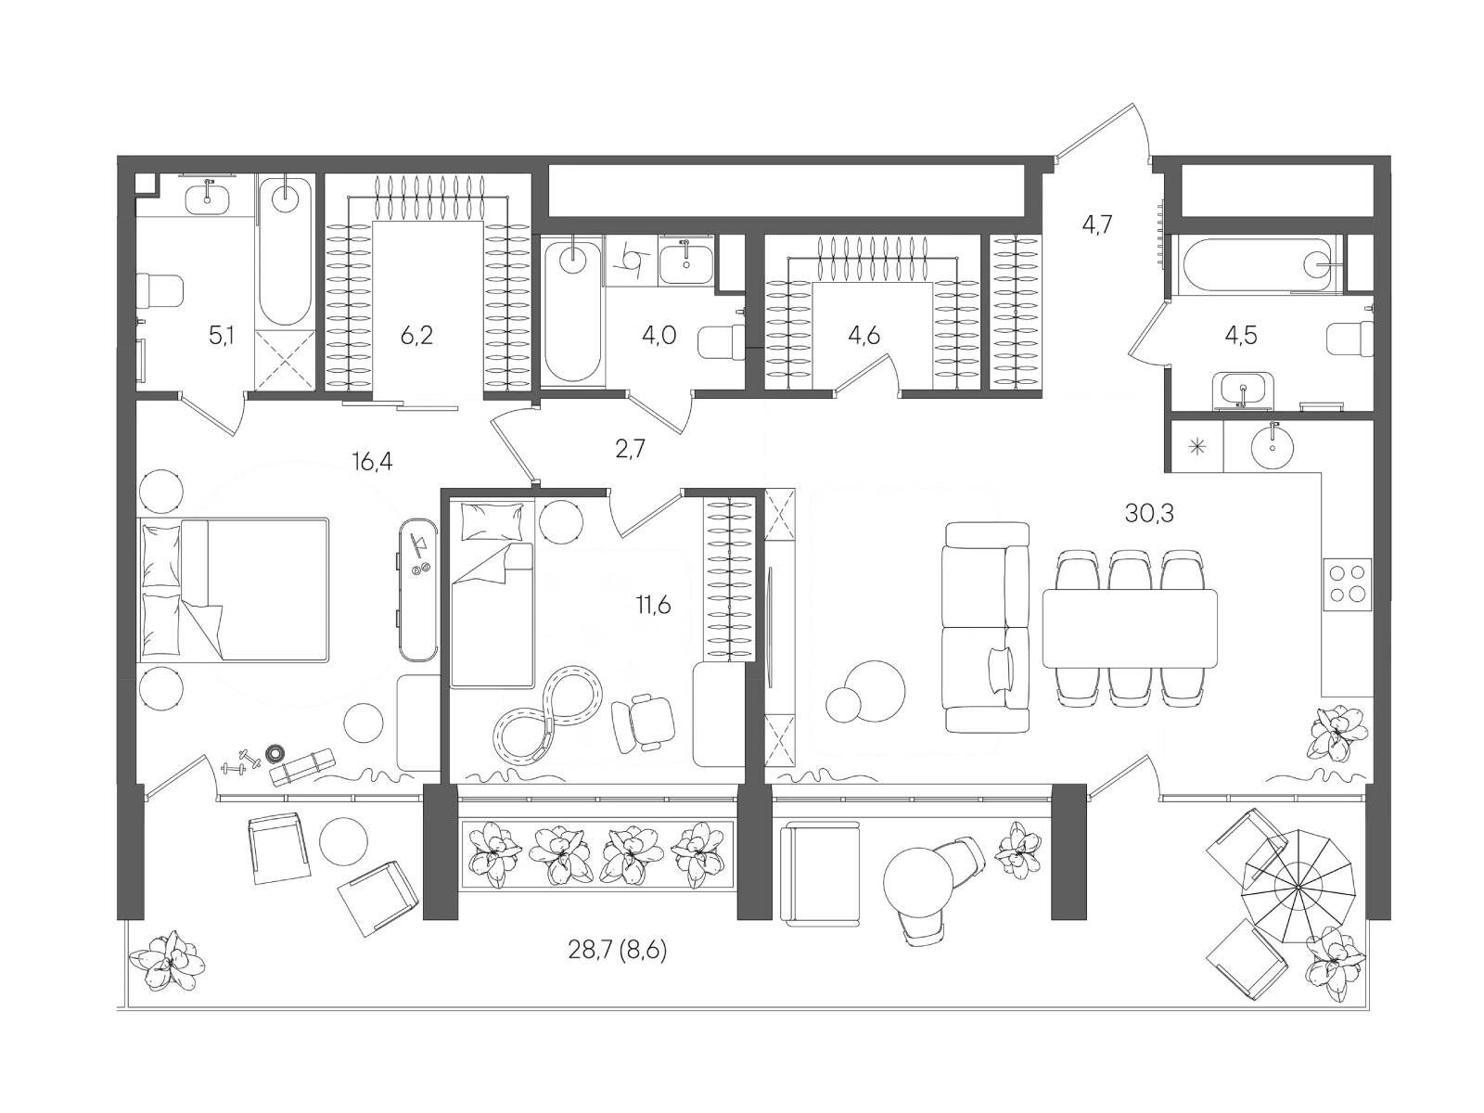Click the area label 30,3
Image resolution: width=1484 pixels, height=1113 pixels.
click(x=1148, y=514)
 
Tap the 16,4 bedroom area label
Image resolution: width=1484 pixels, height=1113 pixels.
click(x=372, y=461)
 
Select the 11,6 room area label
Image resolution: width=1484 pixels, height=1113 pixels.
click(x=652, y=605)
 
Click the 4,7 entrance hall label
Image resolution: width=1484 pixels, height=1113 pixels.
click(x=1096, y=224)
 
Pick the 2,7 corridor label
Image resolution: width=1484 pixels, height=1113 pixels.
click(x=630, y=449)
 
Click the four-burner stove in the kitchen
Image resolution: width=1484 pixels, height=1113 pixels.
click(x=1347, y=584)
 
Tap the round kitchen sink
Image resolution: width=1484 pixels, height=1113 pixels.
click(x=1273, y=445)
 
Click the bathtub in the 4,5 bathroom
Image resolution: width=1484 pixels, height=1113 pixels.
click(x=1259, y=264)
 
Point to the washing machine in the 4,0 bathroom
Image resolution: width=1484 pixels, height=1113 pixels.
click(x=633, y=261)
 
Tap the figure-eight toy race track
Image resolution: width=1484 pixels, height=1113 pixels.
click(x=547, y=714)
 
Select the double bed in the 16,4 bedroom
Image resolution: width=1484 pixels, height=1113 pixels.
click(x=234, y=589)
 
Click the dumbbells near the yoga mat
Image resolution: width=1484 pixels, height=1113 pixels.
click(x=241, y=761)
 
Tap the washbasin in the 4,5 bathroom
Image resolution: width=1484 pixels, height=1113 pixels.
click(x=1243, y=390)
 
